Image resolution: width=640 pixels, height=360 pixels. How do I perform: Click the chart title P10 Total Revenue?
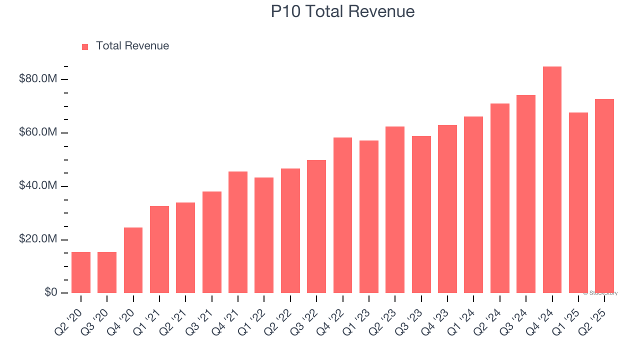click(x=342, y=11)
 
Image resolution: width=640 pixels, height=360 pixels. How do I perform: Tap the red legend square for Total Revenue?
click(x=85, y=46)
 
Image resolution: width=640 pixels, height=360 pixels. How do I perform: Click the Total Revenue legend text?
click(x=132, y=46)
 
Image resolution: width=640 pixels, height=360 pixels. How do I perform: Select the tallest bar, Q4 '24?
click(x=552, y=180)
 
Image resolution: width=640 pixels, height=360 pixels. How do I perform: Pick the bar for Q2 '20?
click(x=81, y=272)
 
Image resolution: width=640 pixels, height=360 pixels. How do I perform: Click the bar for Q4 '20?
click(x=133, y=260)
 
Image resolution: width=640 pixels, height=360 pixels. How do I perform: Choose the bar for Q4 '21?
click(x=238, y=232)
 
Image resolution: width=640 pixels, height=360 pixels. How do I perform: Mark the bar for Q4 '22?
click(x=342, y=215)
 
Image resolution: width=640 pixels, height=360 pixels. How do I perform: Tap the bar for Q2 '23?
click(x=395, y=209)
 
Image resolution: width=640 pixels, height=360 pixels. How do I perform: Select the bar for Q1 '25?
click(x=578, y=202)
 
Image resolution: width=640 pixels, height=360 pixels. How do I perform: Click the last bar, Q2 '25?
click(x=604, y=196)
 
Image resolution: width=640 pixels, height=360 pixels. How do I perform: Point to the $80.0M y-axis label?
click(x=38, y=79)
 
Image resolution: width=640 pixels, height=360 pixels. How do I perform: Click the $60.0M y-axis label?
click(x=38, y=132)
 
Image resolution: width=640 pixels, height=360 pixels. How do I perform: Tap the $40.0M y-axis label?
click(x=38, y=186)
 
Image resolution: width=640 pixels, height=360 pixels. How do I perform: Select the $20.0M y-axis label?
click(x=38, y=239)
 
